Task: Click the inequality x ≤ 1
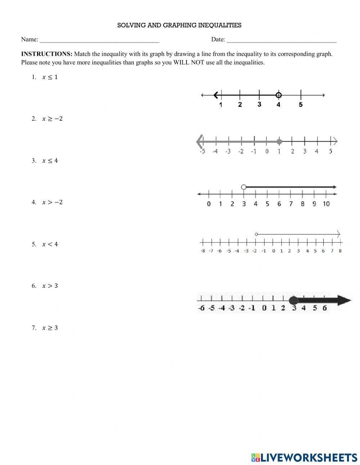[x=50, y=77]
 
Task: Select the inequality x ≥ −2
[x=52, y=119]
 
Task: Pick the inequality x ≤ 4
[x=50, y=161]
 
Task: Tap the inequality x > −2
[x=52, y=202]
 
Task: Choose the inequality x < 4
[x=50, y=244]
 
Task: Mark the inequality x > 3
[x=50, y=286]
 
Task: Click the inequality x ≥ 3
[x=50, y=328]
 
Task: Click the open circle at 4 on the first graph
[x=278, y=95]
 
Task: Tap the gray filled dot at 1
[x=279, y=141]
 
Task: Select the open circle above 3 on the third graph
[x=244, y=187]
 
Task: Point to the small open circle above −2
[x=256, y=234]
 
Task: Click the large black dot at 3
[x=294, y=300]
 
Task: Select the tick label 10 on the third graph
[x=326, y=204]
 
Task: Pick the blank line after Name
[x=99, y=40]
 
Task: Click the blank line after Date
[x=282, y=40]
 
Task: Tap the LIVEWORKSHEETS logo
[x=304, y=457]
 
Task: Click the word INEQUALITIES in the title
[x=220, y=25]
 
